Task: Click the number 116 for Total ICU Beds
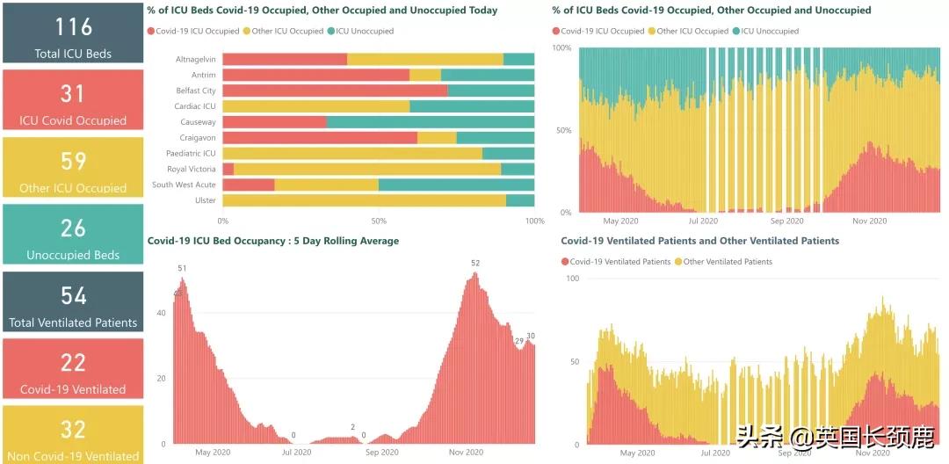[73, 25]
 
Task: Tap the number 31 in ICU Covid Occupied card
[73, 93]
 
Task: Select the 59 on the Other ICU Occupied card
[73, 161]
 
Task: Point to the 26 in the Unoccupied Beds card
[73, 228]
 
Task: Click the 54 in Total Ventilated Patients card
[73, 295]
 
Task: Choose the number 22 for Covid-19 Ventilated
[73, 362]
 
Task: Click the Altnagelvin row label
[195, 60]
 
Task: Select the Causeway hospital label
[198, 122]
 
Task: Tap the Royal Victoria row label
[191, 170]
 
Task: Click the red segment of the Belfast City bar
[335, 91]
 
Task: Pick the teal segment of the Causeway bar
[431, 122]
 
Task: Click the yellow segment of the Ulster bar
[364, 200]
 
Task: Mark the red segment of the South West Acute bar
[249, 185]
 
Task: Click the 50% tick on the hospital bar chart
[379, 221]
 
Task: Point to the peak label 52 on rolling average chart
[475, 264]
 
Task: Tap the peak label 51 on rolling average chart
[182, 269]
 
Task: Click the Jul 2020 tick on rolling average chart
[296, 453]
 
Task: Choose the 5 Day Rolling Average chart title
[272, 241]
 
